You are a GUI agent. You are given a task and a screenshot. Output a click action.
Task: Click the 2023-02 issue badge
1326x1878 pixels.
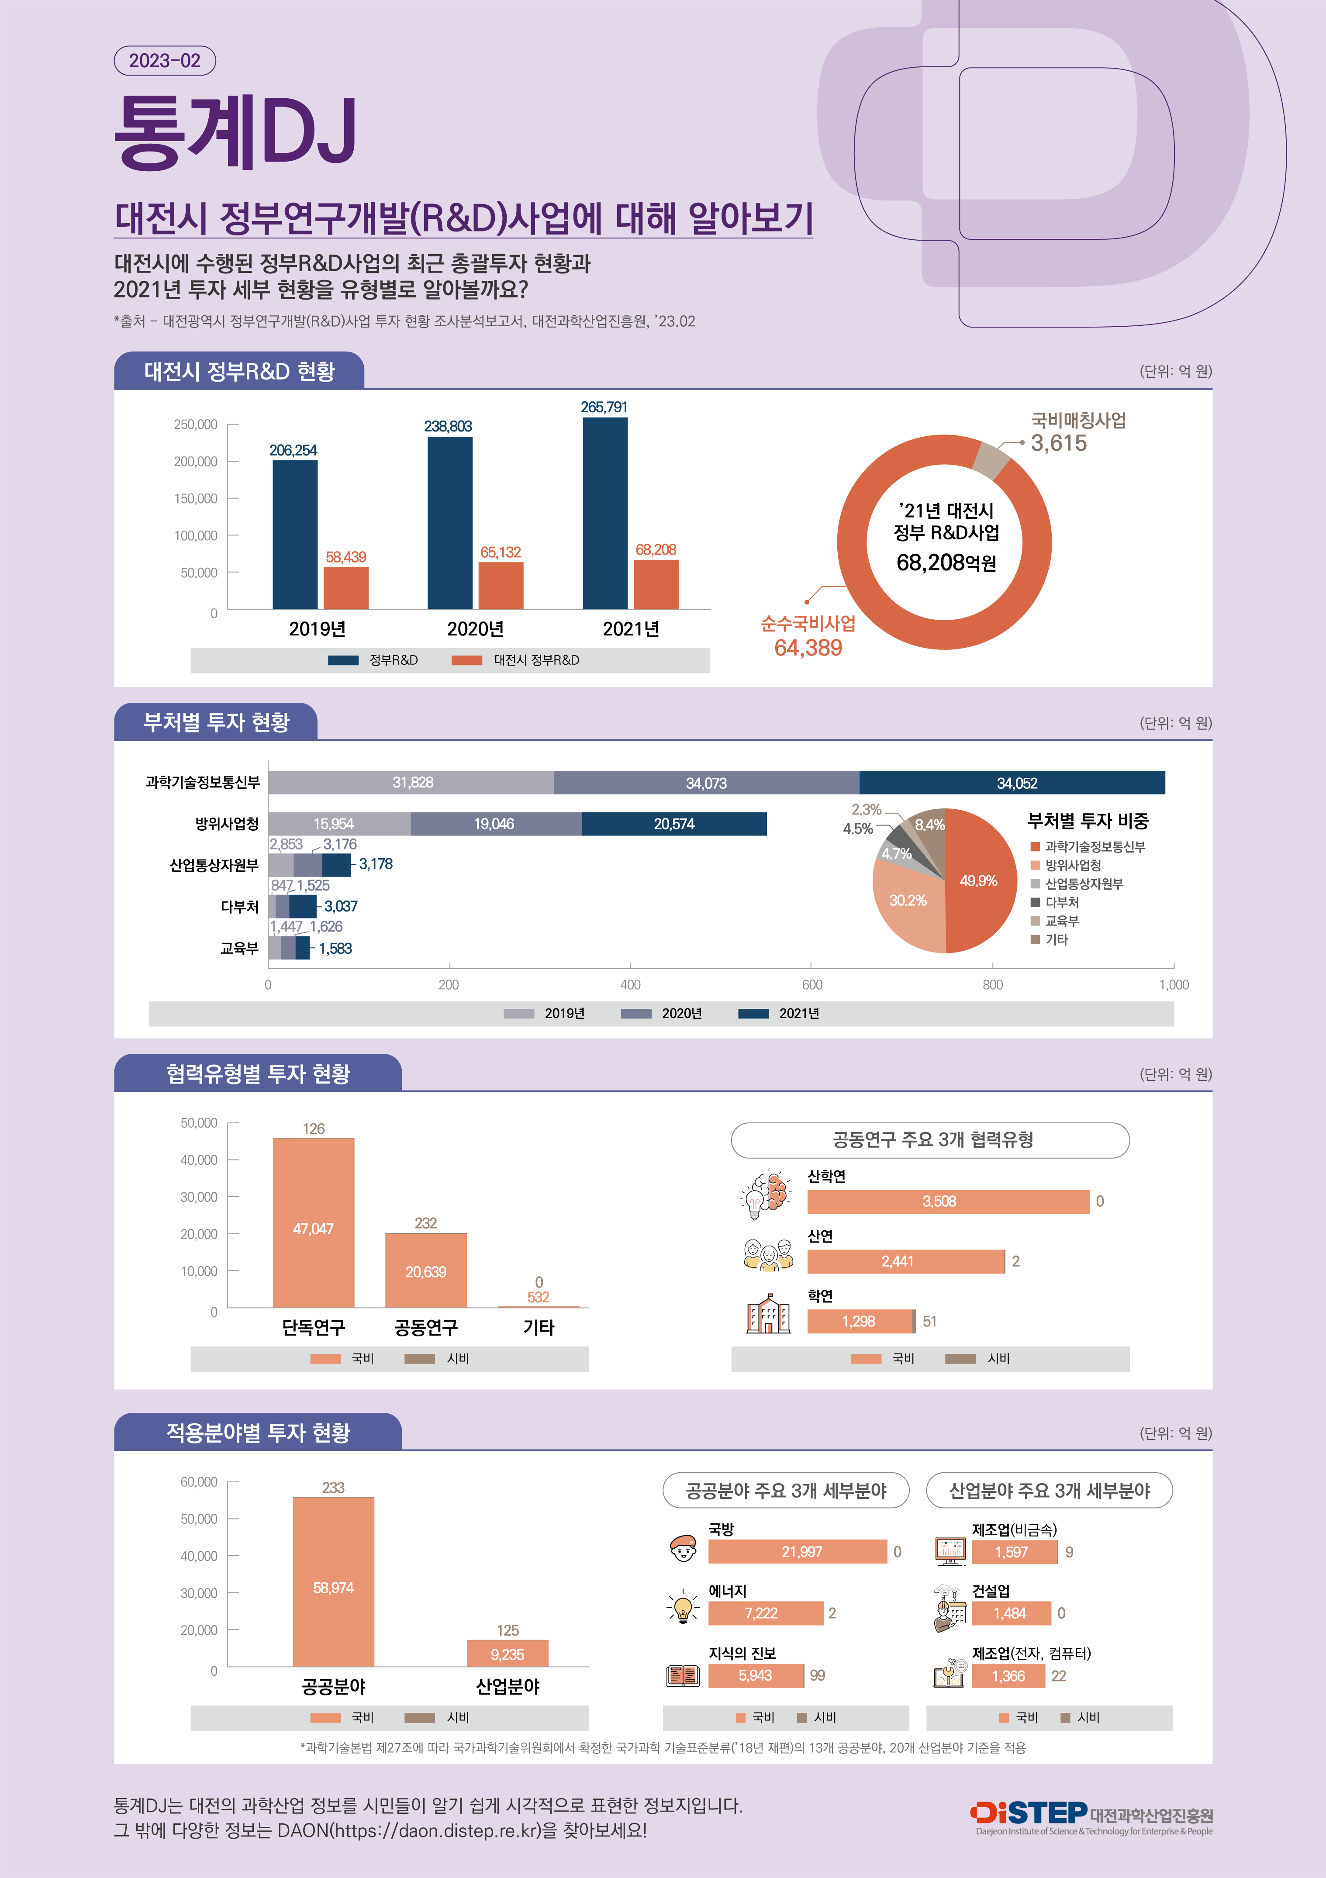(x=164, y=61)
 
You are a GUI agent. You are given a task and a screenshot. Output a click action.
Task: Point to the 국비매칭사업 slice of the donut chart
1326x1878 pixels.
(x=991, y=459)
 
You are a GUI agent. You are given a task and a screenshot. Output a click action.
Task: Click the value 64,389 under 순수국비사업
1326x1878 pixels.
(x=808, y=648)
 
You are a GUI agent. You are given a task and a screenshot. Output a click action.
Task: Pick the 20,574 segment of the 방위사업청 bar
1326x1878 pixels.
(x=674, y=824)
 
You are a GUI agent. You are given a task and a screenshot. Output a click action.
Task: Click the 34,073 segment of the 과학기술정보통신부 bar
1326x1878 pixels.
(x=706, y=783)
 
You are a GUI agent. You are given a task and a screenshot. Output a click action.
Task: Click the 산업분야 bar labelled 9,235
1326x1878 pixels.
(x=507, y=1653)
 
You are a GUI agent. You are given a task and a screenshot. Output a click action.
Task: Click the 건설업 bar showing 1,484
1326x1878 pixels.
(x=1010, y=1613)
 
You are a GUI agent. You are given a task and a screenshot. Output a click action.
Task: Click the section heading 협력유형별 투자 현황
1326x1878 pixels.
(x=258, y=1073)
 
